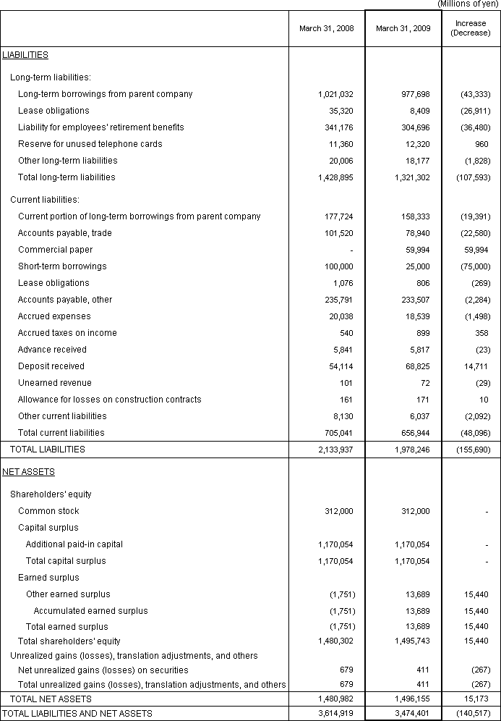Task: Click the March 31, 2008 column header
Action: [x=327, y=29]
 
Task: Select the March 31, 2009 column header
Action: [x=403, y=29]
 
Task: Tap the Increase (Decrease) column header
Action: [x=471, y=28]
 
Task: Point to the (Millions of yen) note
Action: [x=468, y=4]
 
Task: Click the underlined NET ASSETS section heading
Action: [x=29, y=472]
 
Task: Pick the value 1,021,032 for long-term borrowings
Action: [x=335, y=94]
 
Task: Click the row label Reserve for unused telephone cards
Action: [x=90, y=144]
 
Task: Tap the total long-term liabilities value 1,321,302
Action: [x=411, y=177]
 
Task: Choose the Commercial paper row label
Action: [x=55, y=250]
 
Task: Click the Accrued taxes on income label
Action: [x=67, y=333]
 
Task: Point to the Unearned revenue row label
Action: [x=55, y=383]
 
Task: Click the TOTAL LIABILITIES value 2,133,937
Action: [x=335, y=450]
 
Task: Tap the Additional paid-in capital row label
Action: [x=74, y=544]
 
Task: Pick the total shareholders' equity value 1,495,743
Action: [x=411, y=641]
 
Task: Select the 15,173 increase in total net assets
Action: [x=476, y=699]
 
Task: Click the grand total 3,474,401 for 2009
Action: [x=411, y=714]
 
